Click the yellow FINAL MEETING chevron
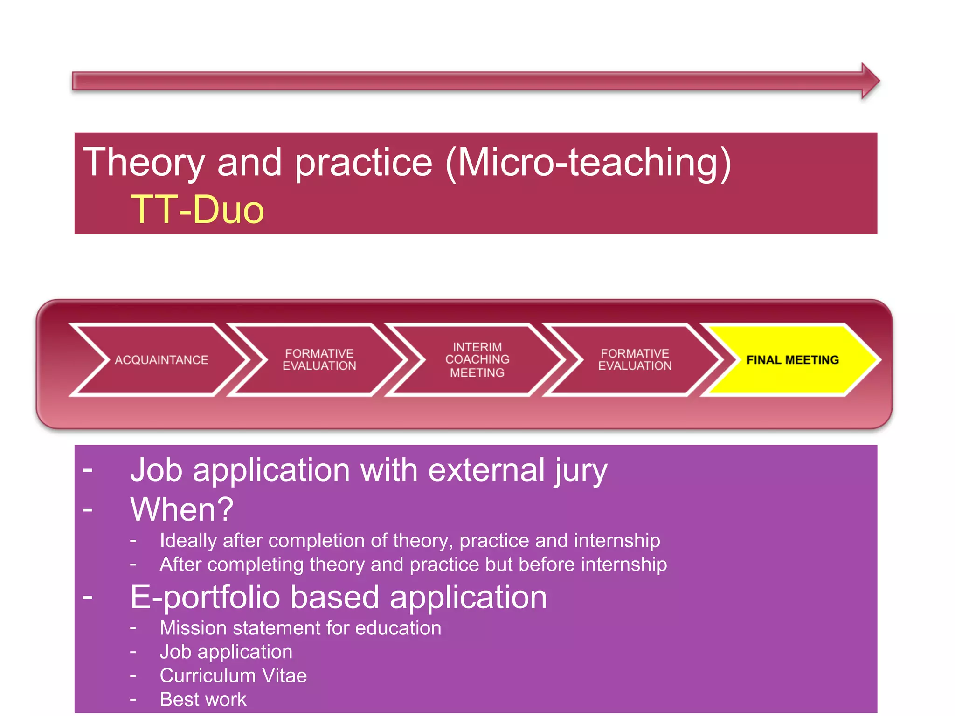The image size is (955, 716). point(792,360)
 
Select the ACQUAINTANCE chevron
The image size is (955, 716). point(161,360)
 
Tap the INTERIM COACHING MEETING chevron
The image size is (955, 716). point(477,360)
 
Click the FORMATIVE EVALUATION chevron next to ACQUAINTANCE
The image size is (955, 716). point(319,360)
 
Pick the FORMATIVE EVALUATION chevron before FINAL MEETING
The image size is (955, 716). point(635,360)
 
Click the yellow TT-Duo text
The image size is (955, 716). point(197,210)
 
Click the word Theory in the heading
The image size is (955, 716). point(144,162)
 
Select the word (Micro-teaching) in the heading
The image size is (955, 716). point(588,163)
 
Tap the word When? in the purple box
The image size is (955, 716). point(182,509)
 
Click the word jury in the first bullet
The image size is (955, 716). point(581,471)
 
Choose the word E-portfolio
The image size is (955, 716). point(205,598)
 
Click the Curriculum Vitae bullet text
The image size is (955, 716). point(233,675)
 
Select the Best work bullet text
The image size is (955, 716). point(203,699)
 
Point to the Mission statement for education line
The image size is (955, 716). point(300,628)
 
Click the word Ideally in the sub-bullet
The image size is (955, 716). point(188,541)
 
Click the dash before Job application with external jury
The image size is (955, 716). point(88,470)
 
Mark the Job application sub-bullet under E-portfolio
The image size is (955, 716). point(226,652)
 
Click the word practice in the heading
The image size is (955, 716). point(364,163)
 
